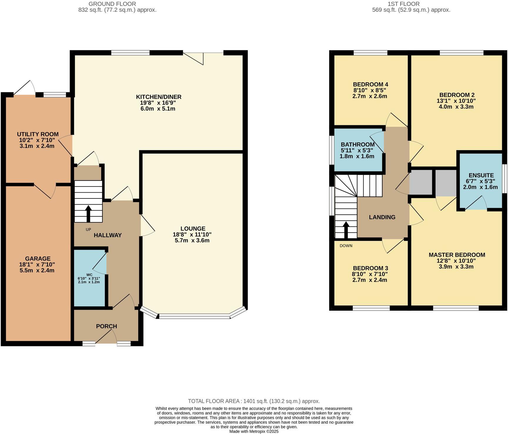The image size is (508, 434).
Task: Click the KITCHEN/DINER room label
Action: point(158,97)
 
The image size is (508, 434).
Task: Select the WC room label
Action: point(89,275)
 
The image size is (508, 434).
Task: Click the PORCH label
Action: point(106,326)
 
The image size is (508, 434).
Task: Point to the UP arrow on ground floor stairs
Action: point(88,213)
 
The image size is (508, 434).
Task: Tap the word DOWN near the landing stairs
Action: point(346,246)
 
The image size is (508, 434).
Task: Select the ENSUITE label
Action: point(481,175)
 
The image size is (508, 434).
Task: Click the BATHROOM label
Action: point(357,144)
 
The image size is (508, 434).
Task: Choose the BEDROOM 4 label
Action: point(370,84)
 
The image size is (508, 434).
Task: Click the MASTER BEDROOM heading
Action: point(457,255)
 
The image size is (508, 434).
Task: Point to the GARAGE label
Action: point(38,258)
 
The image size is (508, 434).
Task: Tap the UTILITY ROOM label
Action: point(38,134)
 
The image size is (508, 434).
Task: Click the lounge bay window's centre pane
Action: point(194,317)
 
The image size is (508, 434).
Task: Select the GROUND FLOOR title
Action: point(112,4)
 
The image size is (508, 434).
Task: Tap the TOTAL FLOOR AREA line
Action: point(254,401)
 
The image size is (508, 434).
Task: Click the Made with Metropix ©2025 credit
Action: point(254,431)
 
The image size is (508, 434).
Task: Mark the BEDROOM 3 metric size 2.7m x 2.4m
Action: point(370,280)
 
